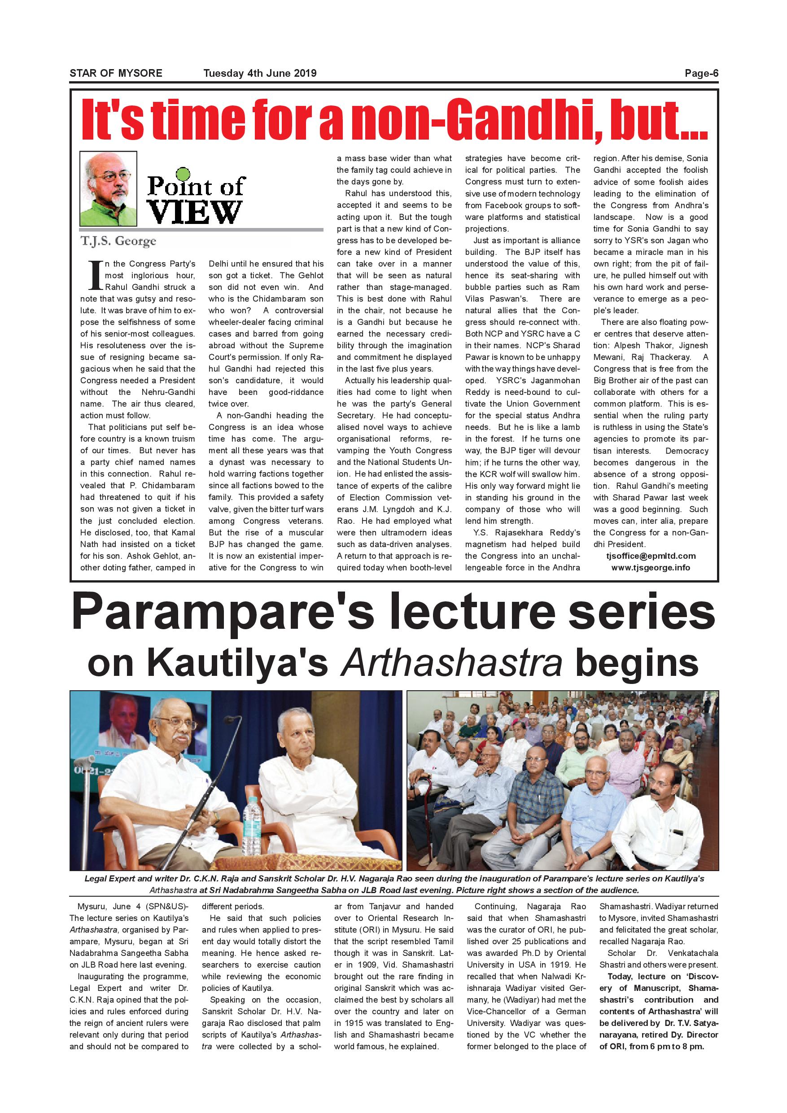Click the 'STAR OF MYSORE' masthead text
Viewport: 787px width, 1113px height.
(x=116, y=73)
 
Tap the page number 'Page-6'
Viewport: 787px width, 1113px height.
(x=701, y=73)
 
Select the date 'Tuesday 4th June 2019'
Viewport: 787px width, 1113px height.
(x=260, y=73)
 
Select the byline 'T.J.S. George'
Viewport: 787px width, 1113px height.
(x=119, y=241)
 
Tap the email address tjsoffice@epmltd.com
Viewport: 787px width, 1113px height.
(x=651, y=556)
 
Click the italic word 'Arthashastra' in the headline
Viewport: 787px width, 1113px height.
(x=452, y=663)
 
